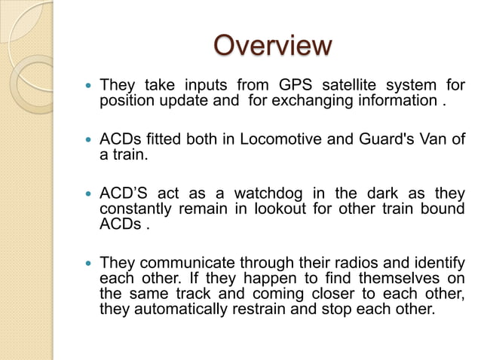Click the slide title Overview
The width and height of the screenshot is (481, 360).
point(272,46)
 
